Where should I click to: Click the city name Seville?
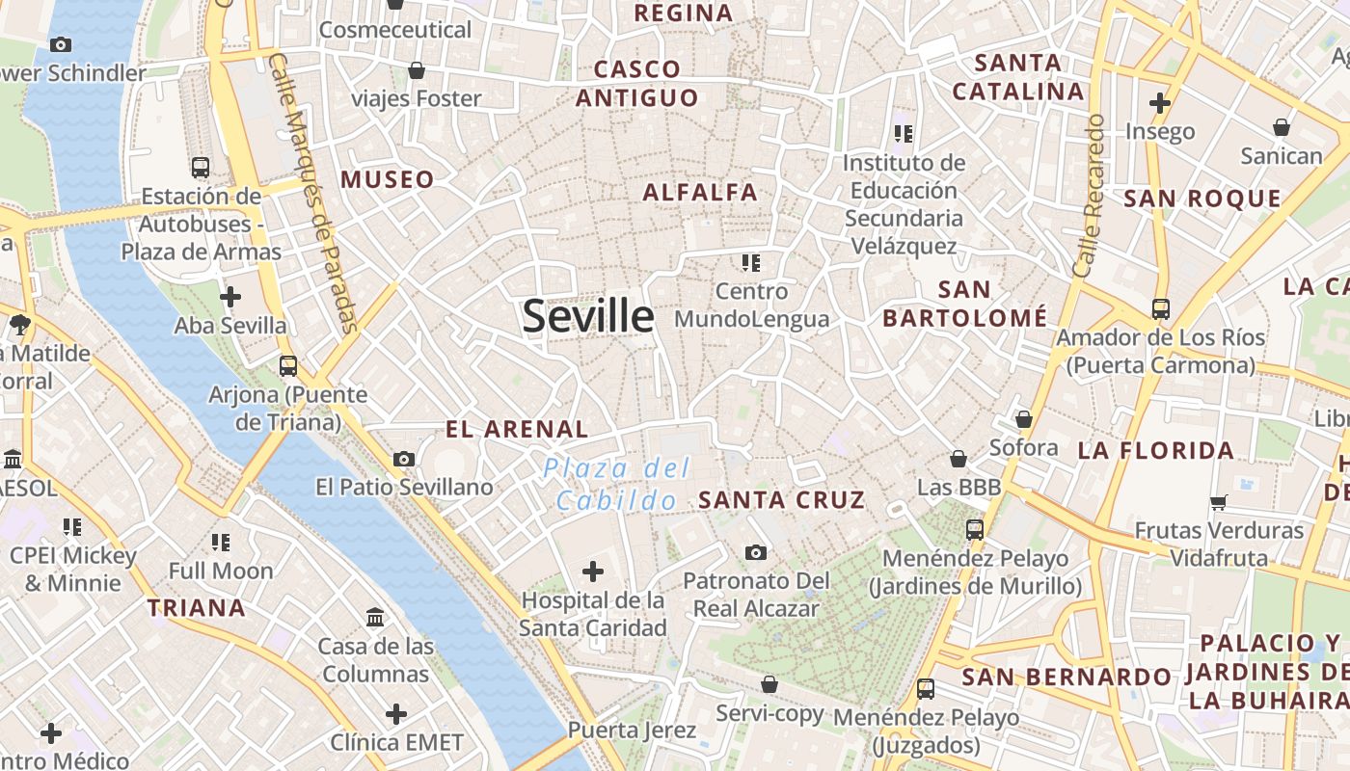[x=587, y=316]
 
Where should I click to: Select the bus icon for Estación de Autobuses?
[x=201, y=168]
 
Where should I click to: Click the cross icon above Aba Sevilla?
[x=230, y=297]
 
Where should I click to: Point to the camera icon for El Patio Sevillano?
[x=404, y=459]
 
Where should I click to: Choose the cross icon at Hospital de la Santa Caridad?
[x=593, y=572]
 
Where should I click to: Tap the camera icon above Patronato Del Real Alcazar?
[x=756, y=552]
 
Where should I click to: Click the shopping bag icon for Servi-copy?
[x=769, y=684]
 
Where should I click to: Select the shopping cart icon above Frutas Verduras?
[x=1219, y=502]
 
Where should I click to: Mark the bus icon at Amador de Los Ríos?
[x=1161, y=309]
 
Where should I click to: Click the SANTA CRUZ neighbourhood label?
[x=781, y=500]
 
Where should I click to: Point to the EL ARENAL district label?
[x=517, y=430]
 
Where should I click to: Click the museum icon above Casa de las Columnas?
[x=375, y=617]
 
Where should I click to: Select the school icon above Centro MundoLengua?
[x=751, y=262]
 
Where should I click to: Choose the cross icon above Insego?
[x=1160, y=102]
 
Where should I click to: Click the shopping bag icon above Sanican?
[x=1282, y=127]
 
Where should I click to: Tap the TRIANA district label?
[x=197, y=608]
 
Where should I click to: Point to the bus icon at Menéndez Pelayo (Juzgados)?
[x=926, y=689]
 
